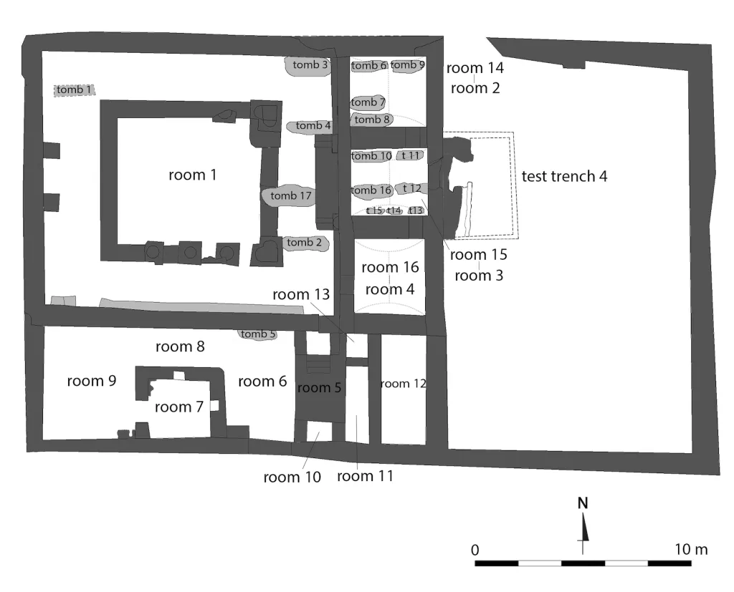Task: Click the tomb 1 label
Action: (75, 89)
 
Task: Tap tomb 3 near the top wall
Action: (308, 65)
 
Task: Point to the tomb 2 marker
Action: (305, 243)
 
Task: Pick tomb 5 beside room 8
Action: (257, 334)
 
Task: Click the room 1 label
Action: (192, 175)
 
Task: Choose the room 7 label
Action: (178, 407)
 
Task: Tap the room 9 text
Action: (91, 381)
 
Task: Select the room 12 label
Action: (404, 384)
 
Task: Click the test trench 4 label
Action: (564, 176)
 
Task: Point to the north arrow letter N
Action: (582, 503)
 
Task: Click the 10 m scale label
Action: (691, 550)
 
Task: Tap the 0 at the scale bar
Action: (475, 550)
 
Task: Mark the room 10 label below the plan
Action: (292, 477)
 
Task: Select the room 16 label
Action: (390, 268)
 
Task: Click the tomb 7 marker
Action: (368, 102)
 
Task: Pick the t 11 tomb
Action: (411, 155)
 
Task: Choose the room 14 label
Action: (475, 68)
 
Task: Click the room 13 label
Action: (301, 295)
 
